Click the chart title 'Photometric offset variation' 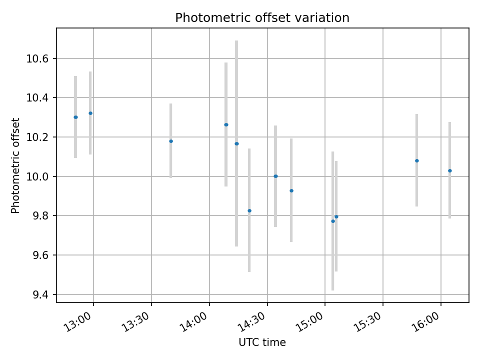262,18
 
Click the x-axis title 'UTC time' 262,342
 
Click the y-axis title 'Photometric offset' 15,165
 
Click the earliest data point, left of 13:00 75,117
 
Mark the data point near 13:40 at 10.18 171,141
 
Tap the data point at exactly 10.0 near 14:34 275,176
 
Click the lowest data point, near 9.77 333,221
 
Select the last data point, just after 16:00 450,170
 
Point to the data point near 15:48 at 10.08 417,160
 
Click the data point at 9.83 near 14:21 249,210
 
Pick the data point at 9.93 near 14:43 291,190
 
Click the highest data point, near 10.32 90,113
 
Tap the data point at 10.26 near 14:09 226,124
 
